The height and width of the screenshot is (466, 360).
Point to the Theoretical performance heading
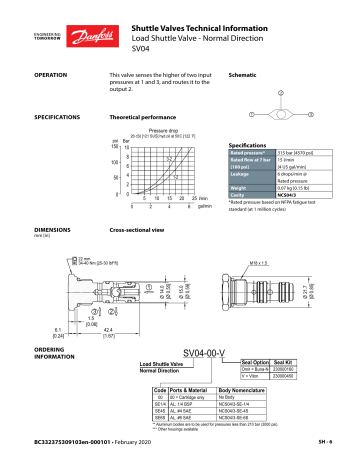(x=144, y=117)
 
